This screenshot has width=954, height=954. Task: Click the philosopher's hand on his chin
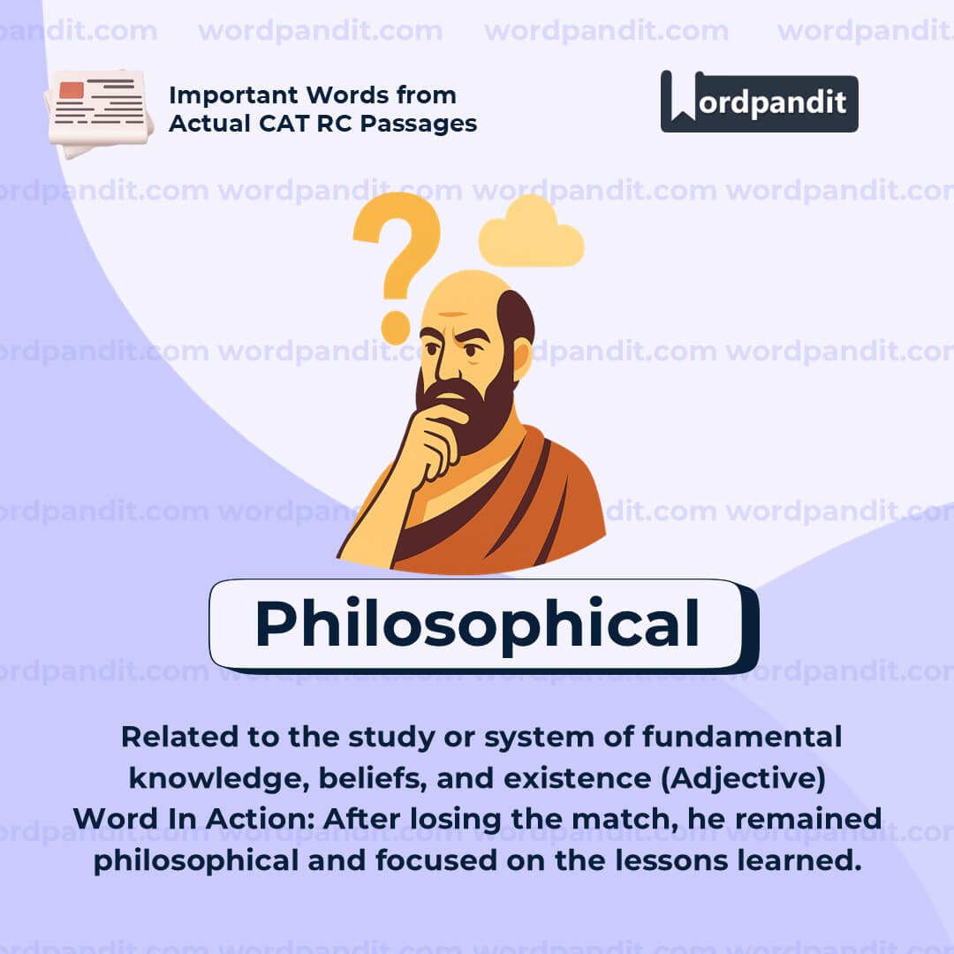pyautogui.click(x=433, y=437)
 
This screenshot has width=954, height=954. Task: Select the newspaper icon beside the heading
pyautogui.click(x=98, y=110)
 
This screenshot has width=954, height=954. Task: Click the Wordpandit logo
pyautogui.click(x=759, y=102)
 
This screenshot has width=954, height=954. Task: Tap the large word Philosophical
pyautogui.click(x=477, y=625)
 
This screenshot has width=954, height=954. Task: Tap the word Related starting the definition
pyautogui.click(x=176, y=737)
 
